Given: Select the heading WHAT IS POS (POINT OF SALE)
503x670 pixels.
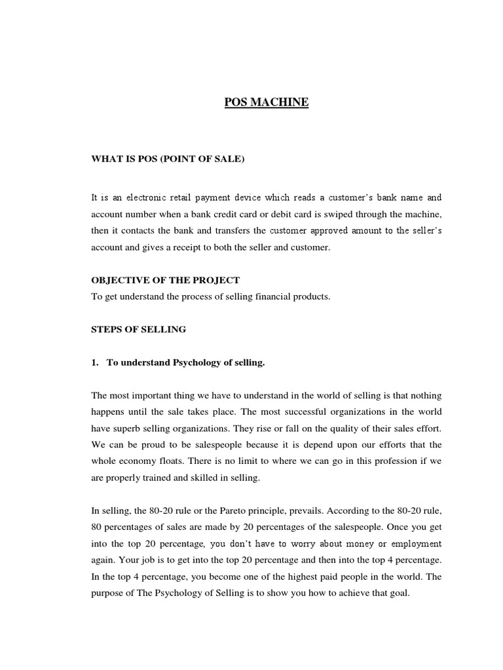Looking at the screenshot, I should pos(167,160).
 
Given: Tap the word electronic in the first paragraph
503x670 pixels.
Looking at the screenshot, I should pos(148,197).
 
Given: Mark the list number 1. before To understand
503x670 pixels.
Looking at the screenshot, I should pos(95,362).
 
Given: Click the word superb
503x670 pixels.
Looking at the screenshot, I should pos(128,429).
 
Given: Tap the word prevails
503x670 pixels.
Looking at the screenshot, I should pos(313,511).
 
